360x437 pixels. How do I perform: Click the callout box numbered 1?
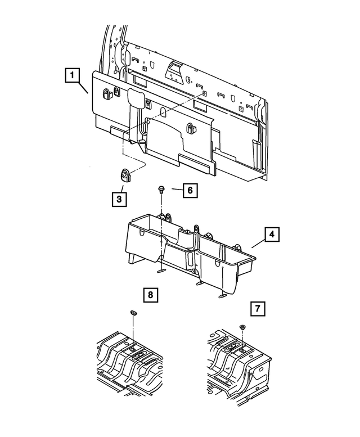73,75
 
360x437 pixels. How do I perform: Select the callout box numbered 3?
119,199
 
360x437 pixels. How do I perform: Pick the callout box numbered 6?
190,191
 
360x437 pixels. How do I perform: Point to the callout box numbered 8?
151,294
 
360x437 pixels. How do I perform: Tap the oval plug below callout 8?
133,312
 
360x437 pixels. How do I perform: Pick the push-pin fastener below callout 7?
241,327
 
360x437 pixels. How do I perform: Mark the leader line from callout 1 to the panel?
85,88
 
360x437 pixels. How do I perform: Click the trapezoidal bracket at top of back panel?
173,70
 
